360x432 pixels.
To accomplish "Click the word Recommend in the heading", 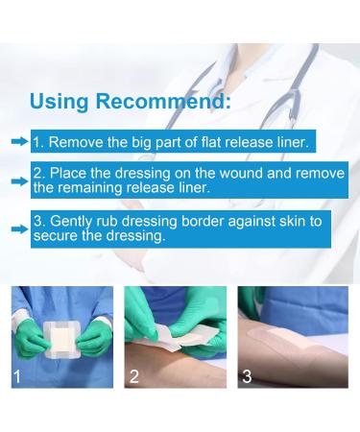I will (x=172, y=101).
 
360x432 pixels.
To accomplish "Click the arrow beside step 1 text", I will (x=18, y=141).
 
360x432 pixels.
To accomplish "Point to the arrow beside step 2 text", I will (x=18, y=179).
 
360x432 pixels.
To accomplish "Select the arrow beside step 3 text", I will (x=18, y=228).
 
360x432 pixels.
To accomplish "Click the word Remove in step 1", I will (x=76, y=141).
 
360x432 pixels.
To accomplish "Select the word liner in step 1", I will (x=291, y=141).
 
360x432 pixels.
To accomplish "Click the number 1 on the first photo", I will (x=17, y=375).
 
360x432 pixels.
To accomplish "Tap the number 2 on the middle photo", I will (x=134, y=375).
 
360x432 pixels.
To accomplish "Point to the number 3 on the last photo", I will (x=248, y=375).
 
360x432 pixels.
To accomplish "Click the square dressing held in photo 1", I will (x=62, y=338).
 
